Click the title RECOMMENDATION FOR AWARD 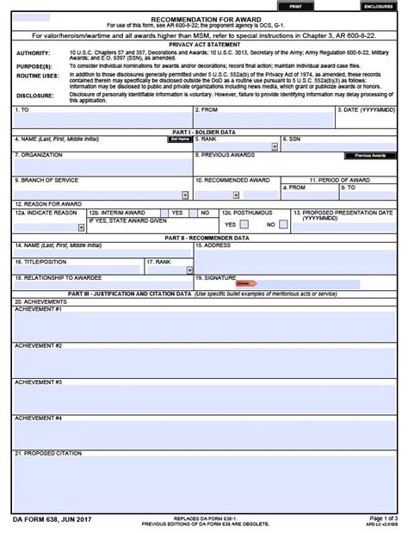204,17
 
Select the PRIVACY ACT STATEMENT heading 204,43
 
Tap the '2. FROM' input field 263,121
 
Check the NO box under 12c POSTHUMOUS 282,224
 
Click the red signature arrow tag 246,283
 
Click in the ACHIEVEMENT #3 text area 204,396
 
